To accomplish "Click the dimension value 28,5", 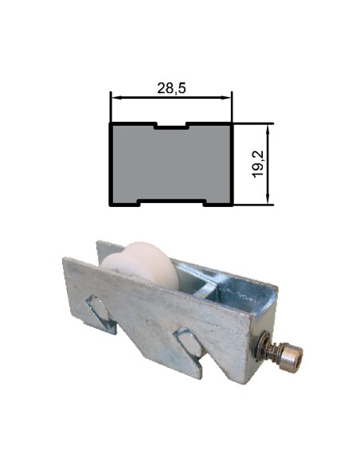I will (171, 88).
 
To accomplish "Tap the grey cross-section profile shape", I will (170, 164).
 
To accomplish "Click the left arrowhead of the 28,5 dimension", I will (114, 98).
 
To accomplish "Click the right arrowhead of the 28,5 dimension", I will (228, 98).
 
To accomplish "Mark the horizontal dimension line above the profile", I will (170, 98).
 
